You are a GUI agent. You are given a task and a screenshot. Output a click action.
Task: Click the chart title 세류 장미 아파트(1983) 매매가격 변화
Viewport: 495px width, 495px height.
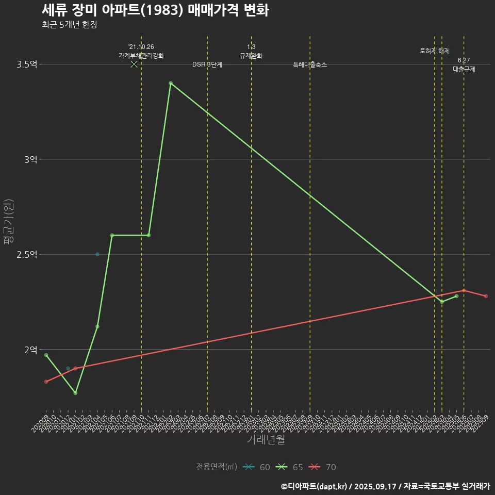155,10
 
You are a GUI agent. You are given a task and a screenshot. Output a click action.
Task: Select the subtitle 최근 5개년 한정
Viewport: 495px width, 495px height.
70,25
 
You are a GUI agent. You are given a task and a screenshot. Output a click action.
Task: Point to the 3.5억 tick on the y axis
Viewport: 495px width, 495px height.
26,64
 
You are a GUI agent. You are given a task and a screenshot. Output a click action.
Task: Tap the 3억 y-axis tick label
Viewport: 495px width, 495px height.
30,159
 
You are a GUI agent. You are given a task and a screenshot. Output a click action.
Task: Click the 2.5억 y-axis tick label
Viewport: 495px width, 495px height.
26,254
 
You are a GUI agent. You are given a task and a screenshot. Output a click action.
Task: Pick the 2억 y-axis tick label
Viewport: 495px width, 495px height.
30,350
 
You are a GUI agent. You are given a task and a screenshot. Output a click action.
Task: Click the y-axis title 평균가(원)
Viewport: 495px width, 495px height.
9,222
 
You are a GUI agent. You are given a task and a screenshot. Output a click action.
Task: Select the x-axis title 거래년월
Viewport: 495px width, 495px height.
266,440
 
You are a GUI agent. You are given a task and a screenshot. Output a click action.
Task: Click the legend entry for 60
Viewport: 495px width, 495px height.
257,467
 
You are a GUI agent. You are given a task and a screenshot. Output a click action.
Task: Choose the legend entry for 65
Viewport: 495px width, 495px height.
290,467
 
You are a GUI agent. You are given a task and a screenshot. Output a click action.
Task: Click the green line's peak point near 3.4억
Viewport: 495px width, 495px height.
171,83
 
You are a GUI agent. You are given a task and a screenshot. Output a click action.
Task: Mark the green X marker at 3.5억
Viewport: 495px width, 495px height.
134,64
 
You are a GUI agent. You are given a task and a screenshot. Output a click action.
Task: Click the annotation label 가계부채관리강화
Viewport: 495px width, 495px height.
141,56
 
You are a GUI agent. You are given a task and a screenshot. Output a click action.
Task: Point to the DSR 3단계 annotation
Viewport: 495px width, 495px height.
207,64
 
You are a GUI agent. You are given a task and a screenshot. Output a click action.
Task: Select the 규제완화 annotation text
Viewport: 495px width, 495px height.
251,56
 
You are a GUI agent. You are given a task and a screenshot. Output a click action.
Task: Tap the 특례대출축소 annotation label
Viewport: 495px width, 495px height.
310,64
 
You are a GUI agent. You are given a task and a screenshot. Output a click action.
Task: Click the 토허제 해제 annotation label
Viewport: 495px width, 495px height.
435,51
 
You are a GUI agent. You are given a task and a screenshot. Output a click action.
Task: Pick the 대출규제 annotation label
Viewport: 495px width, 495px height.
464,69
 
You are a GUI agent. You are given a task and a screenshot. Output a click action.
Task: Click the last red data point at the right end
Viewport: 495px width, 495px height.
486,296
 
